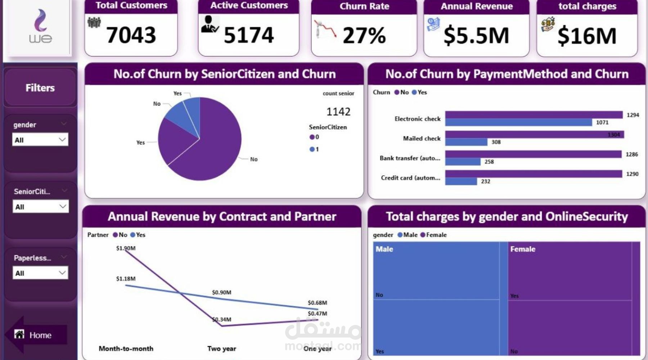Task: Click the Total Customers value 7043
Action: point(131,35)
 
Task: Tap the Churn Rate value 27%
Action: point(364,36)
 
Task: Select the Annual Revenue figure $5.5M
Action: point(476,36)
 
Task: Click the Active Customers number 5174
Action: point(249,35)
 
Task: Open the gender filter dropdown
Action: point(40,140)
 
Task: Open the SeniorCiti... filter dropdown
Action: point(40,207)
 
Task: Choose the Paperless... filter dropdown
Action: point(40,273)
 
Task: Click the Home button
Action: point(36,335)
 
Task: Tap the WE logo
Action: point(40,27)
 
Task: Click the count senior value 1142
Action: point(338,112)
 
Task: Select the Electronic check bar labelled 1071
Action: point(518,122)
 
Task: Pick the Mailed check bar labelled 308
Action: point(466,142)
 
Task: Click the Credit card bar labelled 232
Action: point(461,181)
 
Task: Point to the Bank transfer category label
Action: point(410,158)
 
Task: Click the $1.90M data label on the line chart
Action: point(126,248)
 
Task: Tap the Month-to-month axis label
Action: point(126,348)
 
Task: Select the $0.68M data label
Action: point(317,303)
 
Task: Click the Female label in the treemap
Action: point(523,249)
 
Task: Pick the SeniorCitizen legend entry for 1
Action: point(314,149)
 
